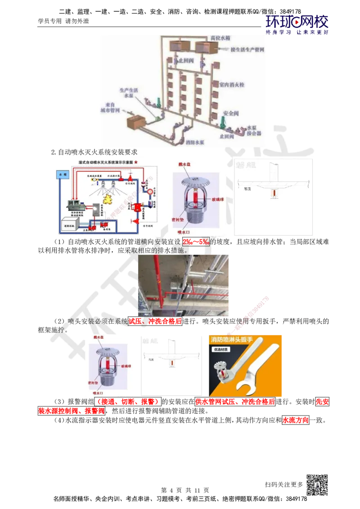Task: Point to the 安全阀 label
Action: point(230,114)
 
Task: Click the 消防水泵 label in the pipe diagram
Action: point(195,142)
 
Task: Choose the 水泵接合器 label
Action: point(254,131)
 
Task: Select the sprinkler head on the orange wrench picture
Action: point(222,373)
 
